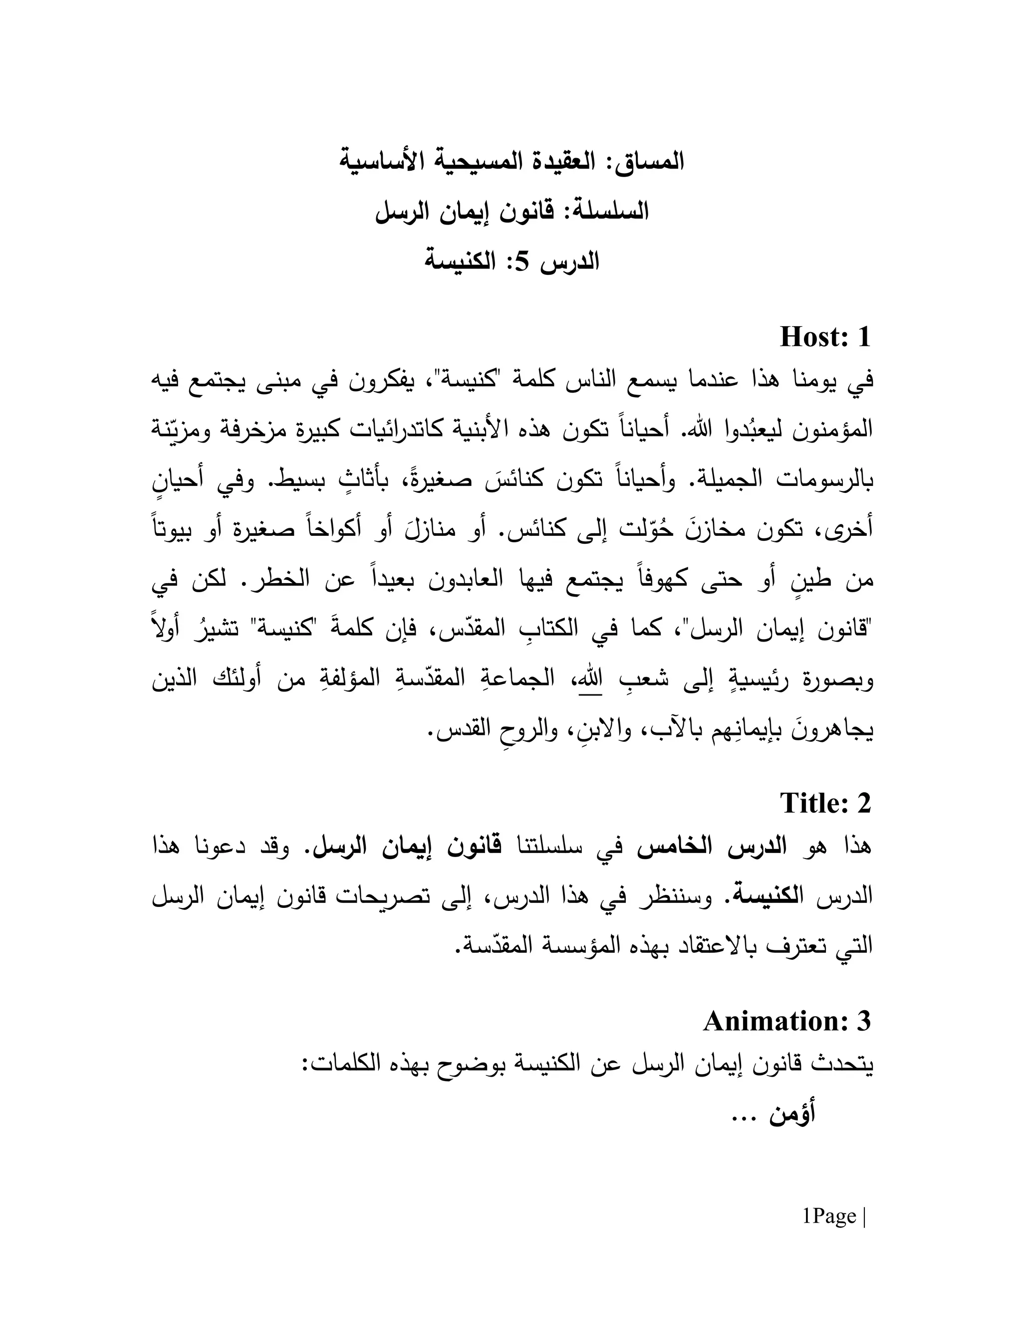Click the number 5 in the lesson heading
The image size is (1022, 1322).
[523, 261]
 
